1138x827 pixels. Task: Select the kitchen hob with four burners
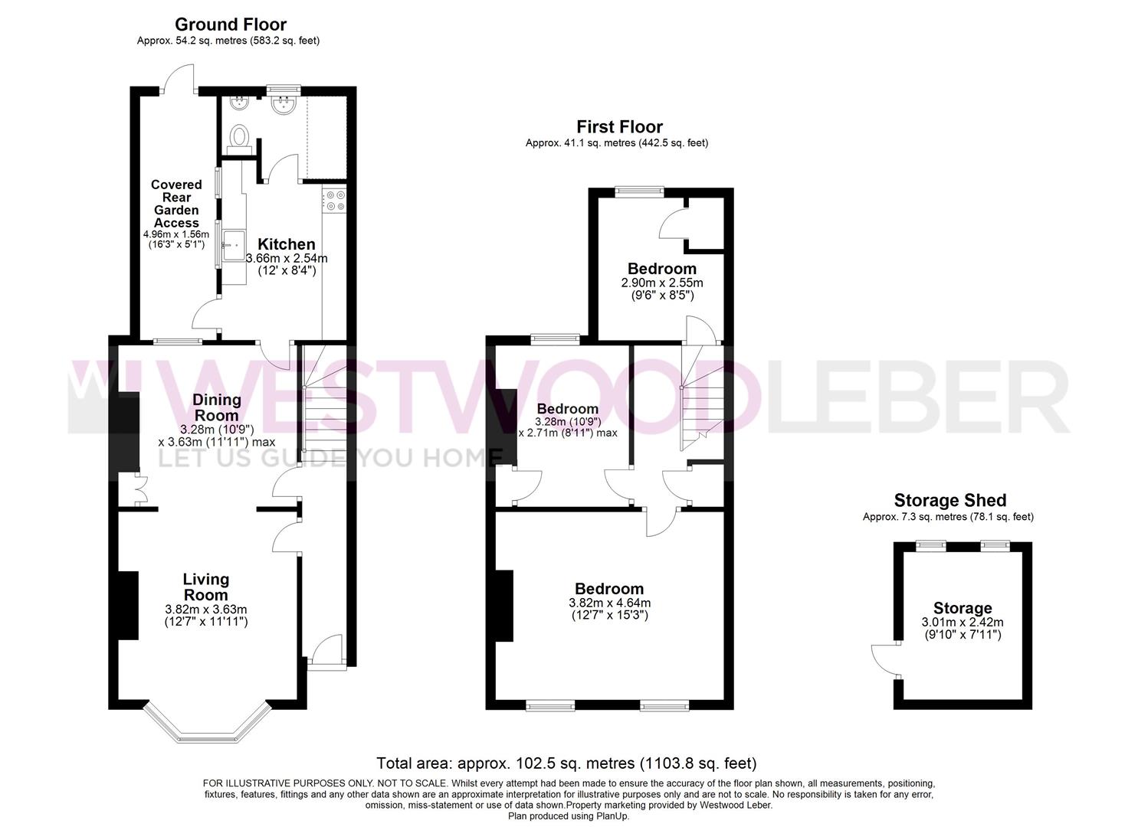click(x=335, y=201)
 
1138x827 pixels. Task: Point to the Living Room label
click(x=205, y=587)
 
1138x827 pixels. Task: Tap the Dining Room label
click(x=216, y=407)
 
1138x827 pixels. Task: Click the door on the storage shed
click(x=884, y=659)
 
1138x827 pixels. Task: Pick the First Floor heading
click(x=618, y=126)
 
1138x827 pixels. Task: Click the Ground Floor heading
click(x=230, y=25)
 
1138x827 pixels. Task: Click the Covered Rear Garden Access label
click(x=176, y=204)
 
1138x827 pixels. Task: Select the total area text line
click(x=566, y=763)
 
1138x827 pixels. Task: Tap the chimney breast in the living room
click(x=127, y=605)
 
